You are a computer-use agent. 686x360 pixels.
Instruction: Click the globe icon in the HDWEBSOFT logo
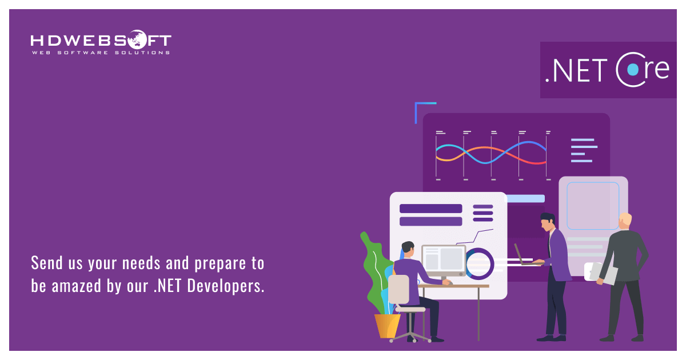(137, 39)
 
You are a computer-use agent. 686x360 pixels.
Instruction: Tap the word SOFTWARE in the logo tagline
(83, 53)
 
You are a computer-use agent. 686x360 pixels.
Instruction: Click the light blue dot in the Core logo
(633, 70)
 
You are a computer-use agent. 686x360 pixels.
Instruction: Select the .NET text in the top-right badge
(576, 70)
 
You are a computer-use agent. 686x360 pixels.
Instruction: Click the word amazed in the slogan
(77, 286)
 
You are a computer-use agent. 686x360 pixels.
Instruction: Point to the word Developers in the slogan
(226, 286)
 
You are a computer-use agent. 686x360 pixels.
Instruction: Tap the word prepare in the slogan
(220, 264)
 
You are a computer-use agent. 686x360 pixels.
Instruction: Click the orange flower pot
(387, 326)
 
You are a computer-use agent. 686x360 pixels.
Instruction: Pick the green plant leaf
(375, 269)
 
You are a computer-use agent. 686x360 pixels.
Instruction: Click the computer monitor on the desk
(444, 261)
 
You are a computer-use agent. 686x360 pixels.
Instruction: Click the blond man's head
(625, 221)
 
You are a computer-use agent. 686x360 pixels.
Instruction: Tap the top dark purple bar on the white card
(430, 209)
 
